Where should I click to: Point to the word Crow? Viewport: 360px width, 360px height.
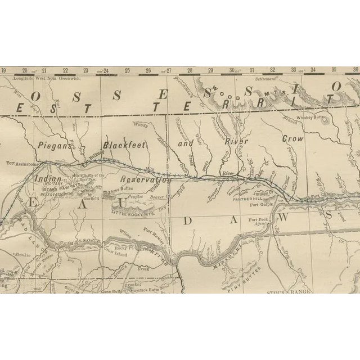(x=292, y=138)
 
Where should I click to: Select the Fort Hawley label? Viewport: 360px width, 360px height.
(x=153, y=230)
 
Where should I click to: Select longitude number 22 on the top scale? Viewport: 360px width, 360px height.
(x=65, y=71)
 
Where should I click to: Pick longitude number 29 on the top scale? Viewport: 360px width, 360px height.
(x=210, y=71)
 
